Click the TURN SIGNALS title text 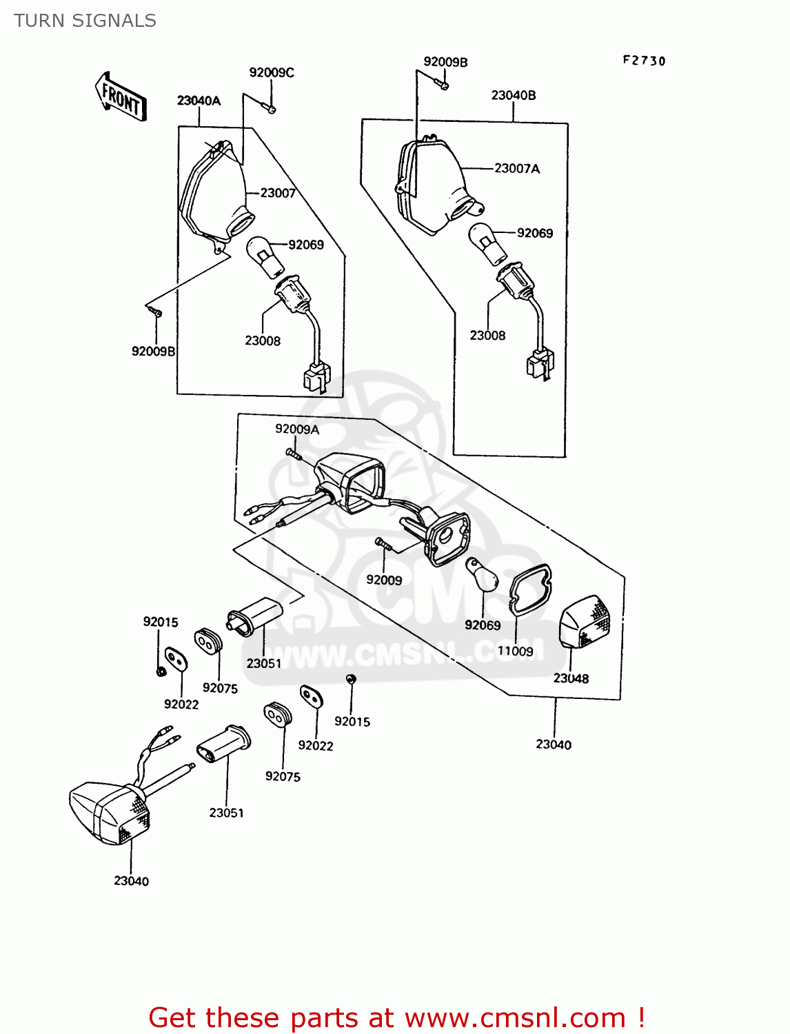(x=85, y=21)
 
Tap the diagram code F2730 (x=644, y=61)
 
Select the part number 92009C (x=272, y=72)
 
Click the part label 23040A (x=199, y=101)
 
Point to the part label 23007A (x=517, y=168)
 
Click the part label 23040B (x=514, y=95)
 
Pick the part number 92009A (x=297, y=429)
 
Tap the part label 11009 (x=516, y=651)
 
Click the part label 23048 (x=571, y=678)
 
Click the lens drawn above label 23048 (x=585, y=622)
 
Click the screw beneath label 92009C (x=269, y=107)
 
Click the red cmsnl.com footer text (x=396, y=1017)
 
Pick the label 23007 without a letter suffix (x=278, y=193)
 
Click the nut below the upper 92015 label (x=160, y=671)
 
